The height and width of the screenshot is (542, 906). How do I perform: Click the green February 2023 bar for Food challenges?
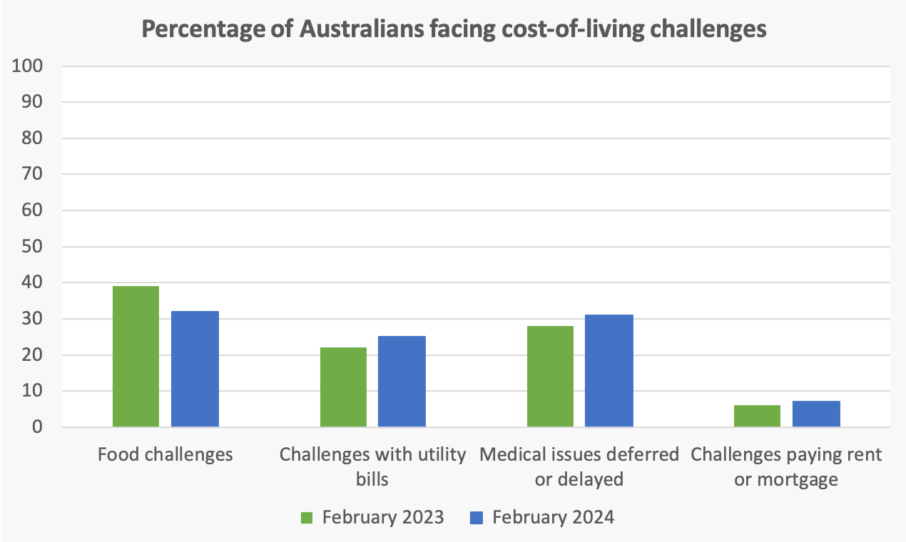[x=136, y=357]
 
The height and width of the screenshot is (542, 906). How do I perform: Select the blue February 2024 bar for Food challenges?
[x=195, y=369]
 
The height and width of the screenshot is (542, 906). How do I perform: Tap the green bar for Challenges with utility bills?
[x=343, y=387]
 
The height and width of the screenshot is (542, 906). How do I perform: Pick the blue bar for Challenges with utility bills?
[x=402, y=382]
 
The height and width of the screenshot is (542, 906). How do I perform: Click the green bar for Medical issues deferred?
[x=550, y=377]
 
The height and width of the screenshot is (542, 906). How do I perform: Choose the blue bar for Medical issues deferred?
[x=609, y=371]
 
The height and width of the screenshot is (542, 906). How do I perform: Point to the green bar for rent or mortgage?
[x=757, y=416]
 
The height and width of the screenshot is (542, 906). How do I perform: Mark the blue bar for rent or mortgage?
[x=816, y=414]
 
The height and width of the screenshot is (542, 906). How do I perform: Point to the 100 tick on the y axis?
[x=29, y=66]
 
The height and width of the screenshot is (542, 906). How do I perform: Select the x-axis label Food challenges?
[x=166, y=454]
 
